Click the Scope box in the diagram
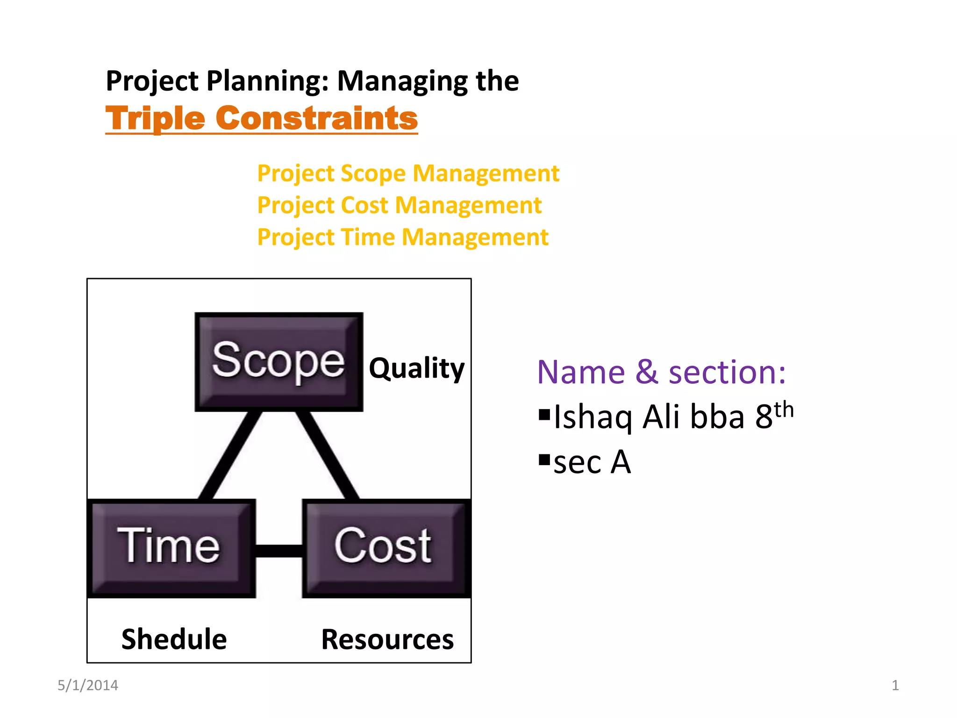coord(279,361)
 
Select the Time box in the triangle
coord(171,548)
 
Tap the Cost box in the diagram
coord(386,548)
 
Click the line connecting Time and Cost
coord(279,551)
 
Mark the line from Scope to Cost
coord(327,454)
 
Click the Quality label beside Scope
coord(416,368)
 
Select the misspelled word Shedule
coord(174,639)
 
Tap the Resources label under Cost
coord(387,639)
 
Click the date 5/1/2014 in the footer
coord(88,685)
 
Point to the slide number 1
coord(895,685)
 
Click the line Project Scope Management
coord(408,173)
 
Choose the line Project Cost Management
coord(399,205)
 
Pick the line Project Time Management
coord(402,237)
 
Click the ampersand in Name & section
coord(647,373)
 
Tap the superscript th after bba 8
coord(784,410)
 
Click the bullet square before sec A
coord(544,460)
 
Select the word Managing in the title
coord(402,81)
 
